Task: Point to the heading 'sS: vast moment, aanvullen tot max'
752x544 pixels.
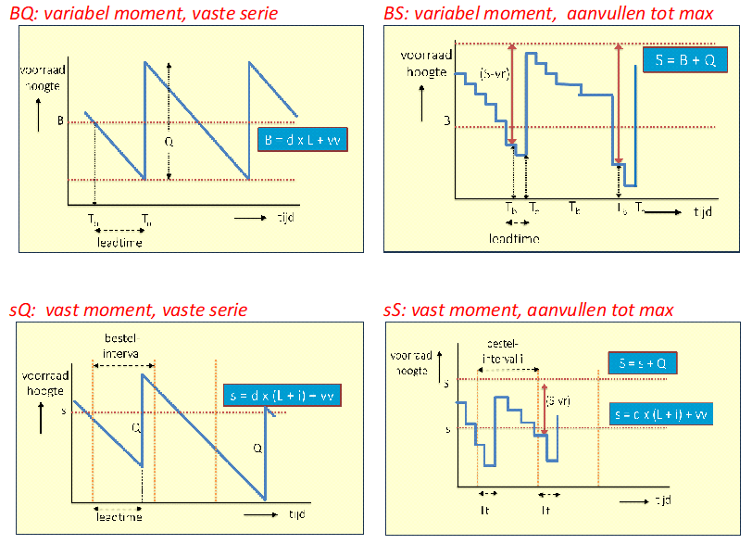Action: (529, 310)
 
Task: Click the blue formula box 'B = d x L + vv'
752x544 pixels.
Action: (302, 139)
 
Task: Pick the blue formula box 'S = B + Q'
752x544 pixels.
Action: (685, 59)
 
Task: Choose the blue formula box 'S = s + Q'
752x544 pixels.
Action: (642, 363)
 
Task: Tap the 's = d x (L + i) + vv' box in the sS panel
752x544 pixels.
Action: (660, 414)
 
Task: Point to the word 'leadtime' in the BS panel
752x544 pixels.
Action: (514, 238)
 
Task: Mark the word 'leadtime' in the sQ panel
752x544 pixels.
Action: (118, 518)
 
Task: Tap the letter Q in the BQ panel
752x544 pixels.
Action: (168, 142)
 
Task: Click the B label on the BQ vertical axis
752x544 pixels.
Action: (60, 120)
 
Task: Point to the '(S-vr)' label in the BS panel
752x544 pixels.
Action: (494, 75)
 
